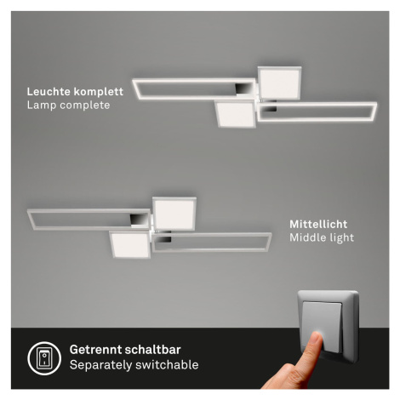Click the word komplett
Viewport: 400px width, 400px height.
tap(99, 92)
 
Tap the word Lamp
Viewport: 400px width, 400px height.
tap(42, 106)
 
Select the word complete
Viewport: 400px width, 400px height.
tap(85, 106)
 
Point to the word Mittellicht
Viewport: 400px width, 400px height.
tap(318, 225)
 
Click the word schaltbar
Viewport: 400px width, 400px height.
tap(152, 350)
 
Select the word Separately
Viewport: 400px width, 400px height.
tap(100, 365)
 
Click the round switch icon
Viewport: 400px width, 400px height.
tap(44, 358)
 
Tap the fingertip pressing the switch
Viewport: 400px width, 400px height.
tap(317, 338)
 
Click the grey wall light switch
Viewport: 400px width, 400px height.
tap(328, 326)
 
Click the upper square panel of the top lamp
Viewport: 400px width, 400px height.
tap(279, 83)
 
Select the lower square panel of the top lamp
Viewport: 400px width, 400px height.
tap(236, 114)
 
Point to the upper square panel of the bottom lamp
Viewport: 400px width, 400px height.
tap(174, 214)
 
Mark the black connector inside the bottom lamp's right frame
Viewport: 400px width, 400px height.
tap(164, 240)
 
